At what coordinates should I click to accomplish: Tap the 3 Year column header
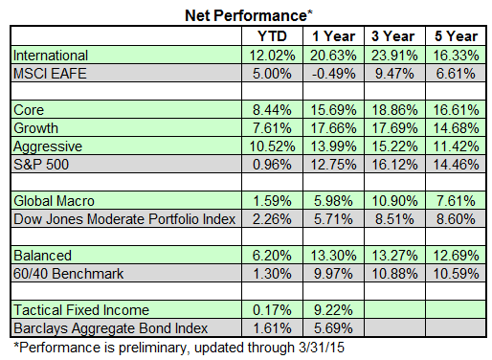(390, 35)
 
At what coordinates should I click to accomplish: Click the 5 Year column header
(451, 35)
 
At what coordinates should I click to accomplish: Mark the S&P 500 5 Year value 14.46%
(451, 164)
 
